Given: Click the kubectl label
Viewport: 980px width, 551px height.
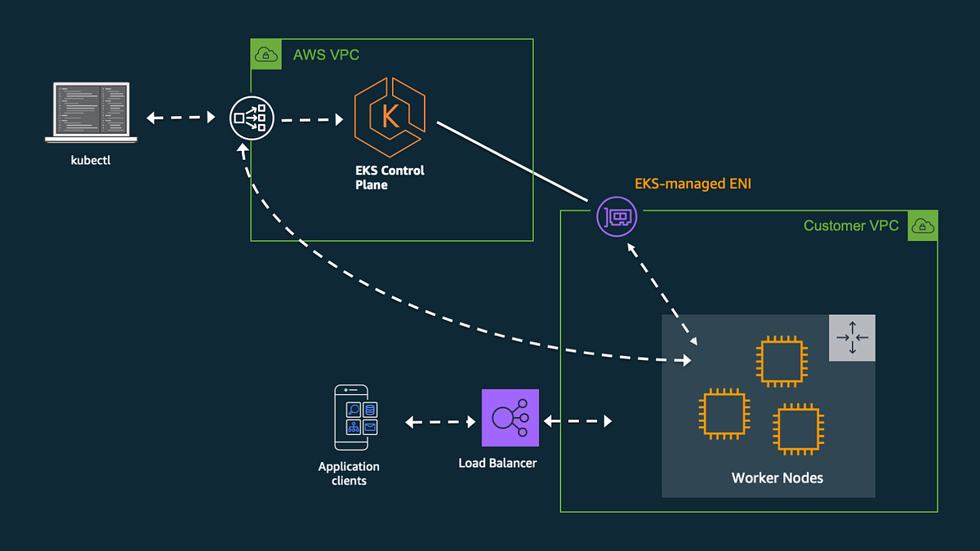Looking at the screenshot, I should pos(91,160).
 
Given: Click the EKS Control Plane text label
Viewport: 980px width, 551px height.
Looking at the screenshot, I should pos(390,178).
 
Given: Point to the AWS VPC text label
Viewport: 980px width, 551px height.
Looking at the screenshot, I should pos(326,56).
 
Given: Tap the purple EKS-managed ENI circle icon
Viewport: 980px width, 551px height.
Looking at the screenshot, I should pos(616,216).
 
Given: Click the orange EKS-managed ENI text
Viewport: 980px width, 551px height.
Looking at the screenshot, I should pos(693,184).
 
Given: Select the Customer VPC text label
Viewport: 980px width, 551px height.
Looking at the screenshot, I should pos(851,226).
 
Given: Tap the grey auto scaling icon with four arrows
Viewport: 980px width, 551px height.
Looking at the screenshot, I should pos(852,337).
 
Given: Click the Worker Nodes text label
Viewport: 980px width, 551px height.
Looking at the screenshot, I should pos(777,478).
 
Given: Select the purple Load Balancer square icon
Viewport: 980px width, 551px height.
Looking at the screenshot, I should pos(510,418).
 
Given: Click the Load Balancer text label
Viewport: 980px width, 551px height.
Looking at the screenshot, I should pos(497,463).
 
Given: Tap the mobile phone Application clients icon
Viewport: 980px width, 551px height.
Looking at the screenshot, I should pos(351,417).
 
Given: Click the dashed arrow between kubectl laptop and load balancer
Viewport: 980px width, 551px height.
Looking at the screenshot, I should pos(180,118).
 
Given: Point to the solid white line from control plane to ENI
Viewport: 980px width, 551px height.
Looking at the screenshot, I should pos(513,161).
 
